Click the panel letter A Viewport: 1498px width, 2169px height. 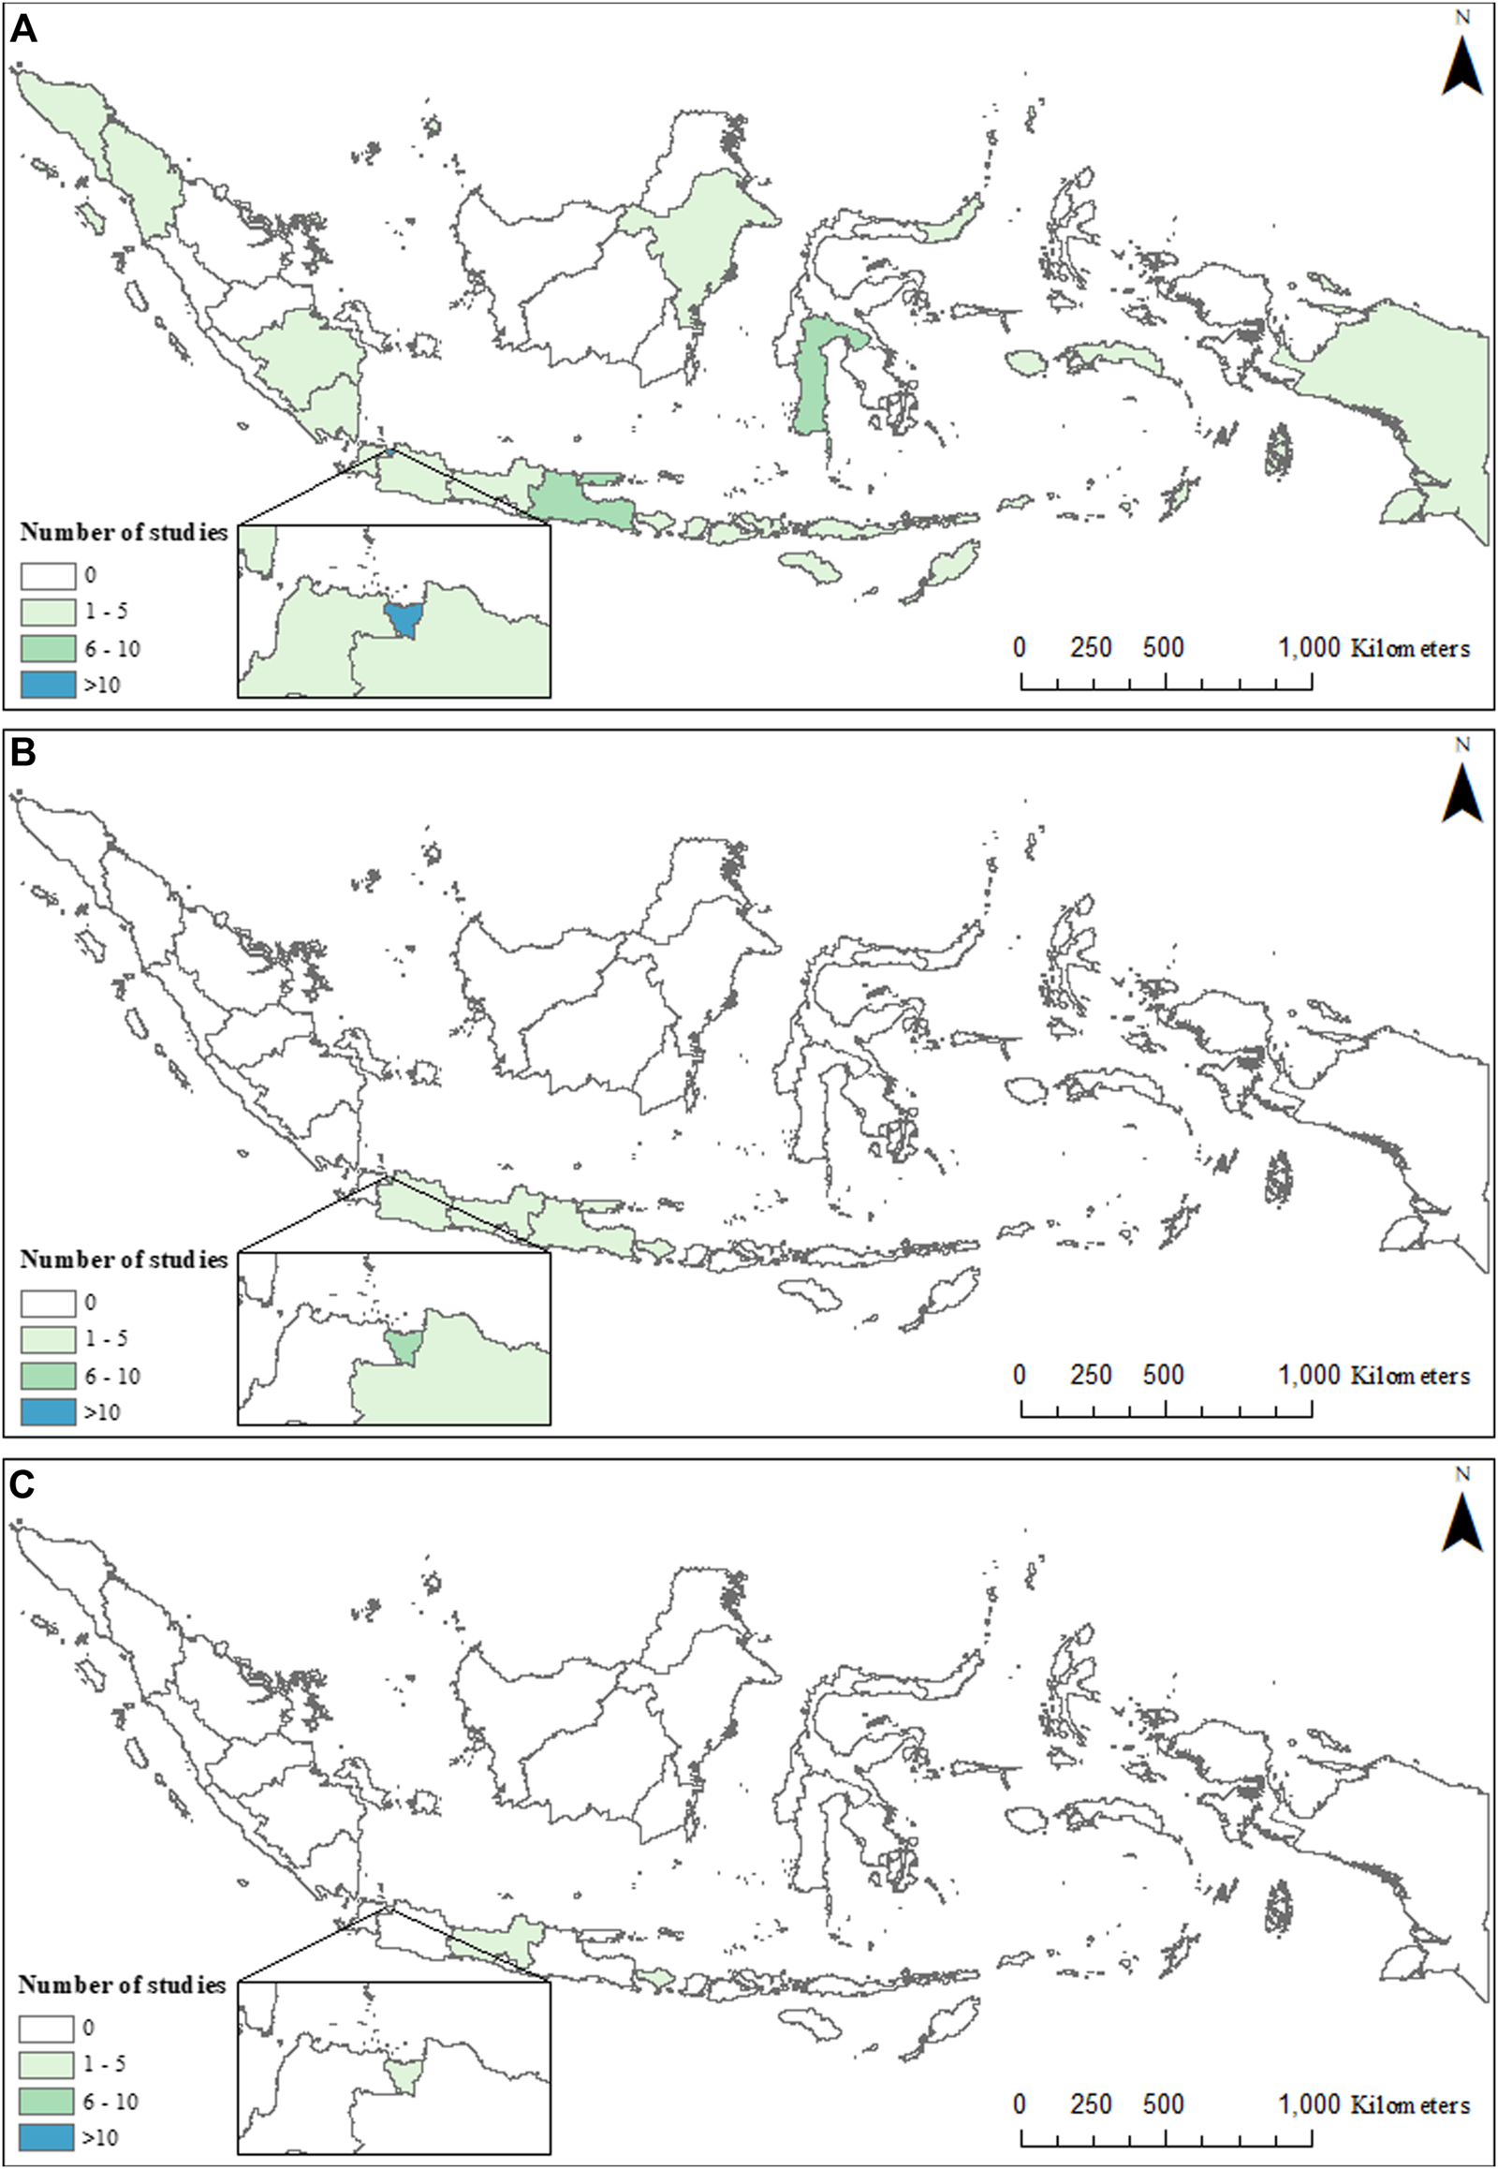click(22, 29)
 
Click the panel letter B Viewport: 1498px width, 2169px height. click(22, 753)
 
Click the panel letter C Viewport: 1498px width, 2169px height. click(22, 1483)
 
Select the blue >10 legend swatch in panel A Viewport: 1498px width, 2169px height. click(48, 685)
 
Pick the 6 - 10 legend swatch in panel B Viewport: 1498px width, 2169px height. click(48, 1376)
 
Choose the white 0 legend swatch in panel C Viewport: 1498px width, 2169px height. click(46, 2028)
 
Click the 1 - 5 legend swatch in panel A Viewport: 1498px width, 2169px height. click(48, 612)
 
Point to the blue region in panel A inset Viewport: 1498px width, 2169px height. click(404, 619)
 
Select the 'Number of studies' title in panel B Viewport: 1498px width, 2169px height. click(124, 1259)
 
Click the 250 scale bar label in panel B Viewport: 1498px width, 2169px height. click(1091, 1375)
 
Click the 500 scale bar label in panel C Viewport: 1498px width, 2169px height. click(1163, 2104)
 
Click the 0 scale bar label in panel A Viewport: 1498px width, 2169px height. click(1020, 647)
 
